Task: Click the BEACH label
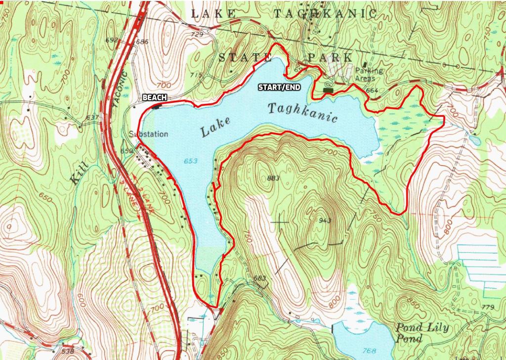tap(154, 98)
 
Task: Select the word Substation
tap(148, 134)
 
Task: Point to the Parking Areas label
tap(369, 75)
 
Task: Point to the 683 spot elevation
tap(260, 278)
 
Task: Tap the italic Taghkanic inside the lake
tap(303, 113)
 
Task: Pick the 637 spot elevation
tap(92, 118)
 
